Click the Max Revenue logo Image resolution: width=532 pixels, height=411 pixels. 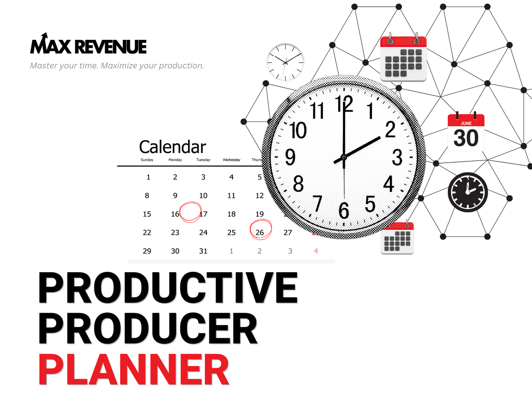pos(88,45)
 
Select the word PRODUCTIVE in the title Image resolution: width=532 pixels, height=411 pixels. pos(168,288)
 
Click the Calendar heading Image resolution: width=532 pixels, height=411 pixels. pos(172,147)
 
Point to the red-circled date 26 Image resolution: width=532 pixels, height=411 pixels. pos(260,232)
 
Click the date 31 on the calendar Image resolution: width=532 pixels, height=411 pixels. pos(203,251)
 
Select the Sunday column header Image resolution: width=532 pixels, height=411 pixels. pos(147,160)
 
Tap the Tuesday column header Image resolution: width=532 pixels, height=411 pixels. pos(203,160)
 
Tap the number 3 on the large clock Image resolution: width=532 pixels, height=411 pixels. pos(397,157)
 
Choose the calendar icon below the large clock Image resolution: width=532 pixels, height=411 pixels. pos(397,238)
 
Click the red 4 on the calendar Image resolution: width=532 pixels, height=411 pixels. pos(316,251)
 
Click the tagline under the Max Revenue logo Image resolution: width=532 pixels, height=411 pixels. pos(117,66)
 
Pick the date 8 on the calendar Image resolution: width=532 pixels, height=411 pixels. pos(147,196)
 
